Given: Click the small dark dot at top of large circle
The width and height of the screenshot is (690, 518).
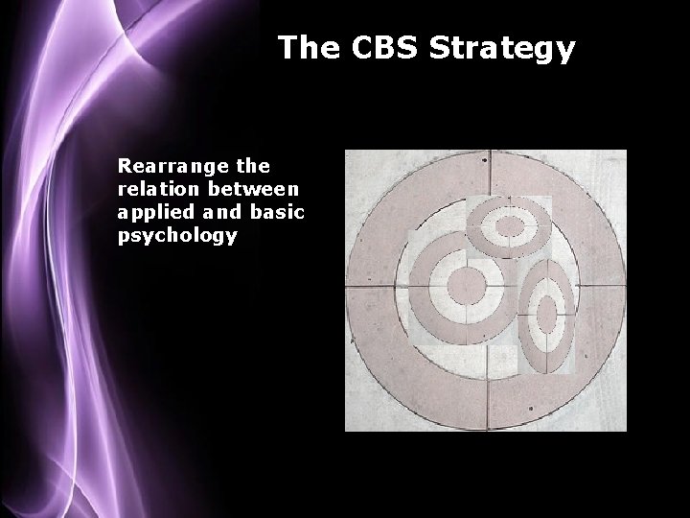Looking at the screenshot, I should click(484, 160).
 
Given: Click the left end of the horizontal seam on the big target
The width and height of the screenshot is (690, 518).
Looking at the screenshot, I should click(348, 287).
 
